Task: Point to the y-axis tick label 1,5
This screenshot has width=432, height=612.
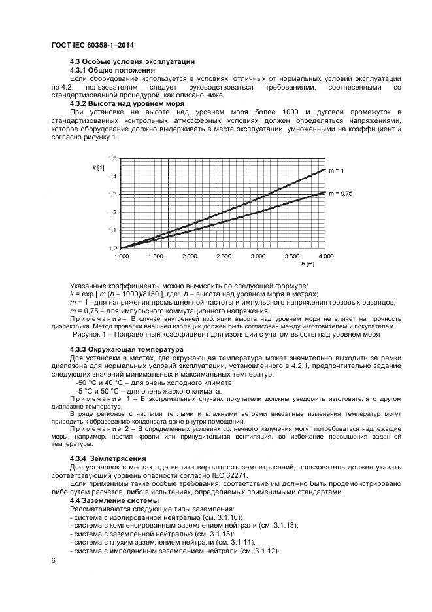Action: click(112, 159)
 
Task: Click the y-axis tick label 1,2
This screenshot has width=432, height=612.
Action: click(112, 212)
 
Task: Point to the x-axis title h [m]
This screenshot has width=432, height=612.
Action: click(308, 263)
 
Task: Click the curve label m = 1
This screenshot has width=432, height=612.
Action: click(336, 170)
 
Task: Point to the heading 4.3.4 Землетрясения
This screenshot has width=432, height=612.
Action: click(108, 458)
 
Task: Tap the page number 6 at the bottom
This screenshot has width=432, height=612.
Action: click(54, 560)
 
